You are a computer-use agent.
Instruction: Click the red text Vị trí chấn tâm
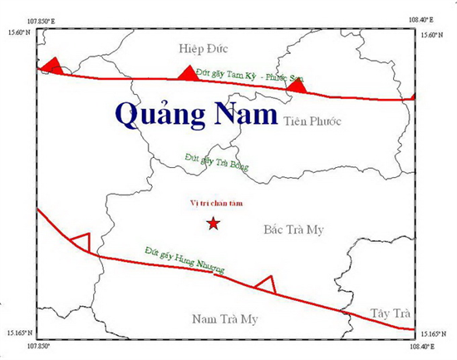(x=215, y=204)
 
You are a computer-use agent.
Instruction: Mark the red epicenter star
(x=214, y=223)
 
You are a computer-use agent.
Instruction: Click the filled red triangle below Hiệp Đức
(x=188, y=73)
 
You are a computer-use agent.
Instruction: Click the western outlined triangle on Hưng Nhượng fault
(x=81, y=243)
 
